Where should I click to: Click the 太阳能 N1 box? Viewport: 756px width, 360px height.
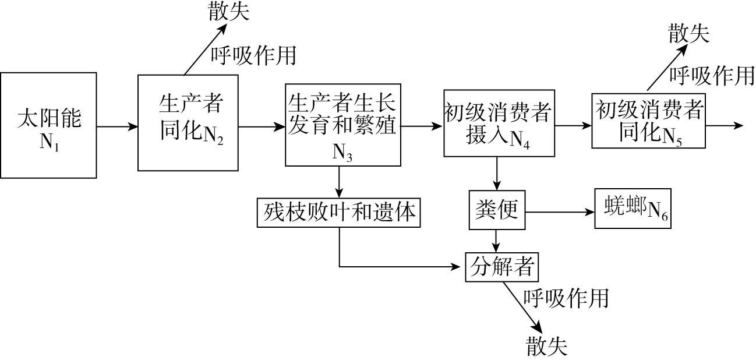point(48,125)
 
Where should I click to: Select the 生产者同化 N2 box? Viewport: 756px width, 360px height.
point(188,122)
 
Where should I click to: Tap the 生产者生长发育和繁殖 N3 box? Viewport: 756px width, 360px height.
point(342,125)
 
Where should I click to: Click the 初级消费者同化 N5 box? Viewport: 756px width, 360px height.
point(648,121)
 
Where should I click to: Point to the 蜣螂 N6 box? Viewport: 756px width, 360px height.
point(633,208)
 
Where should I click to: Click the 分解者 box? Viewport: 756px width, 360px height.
point(500,267)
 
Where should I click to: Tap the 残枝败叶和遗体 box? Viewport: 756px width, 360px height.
point(338,212)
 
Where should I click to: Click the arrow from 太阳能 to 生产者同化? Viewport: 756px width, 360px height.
point(117,126)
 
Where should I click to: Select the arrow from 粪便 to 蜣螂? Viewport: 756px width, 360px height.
point(560,212)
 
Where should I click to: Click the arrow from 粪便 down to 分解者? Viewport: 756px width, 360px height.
point(496,239)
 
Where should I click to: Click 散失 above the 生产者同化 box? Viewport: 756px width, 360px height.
point(229,12)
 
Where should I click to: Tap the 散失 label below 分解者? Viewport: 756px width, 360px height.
point(546,345)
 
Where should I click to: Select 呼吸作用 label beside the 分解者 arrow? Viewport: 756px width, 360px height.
point(566,298)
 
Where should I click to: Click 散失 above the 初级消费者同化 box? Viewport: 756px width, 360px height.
point(689,34)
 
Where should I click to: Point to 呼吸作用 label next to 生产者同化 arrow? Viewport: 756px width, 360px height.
point(253,55)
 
